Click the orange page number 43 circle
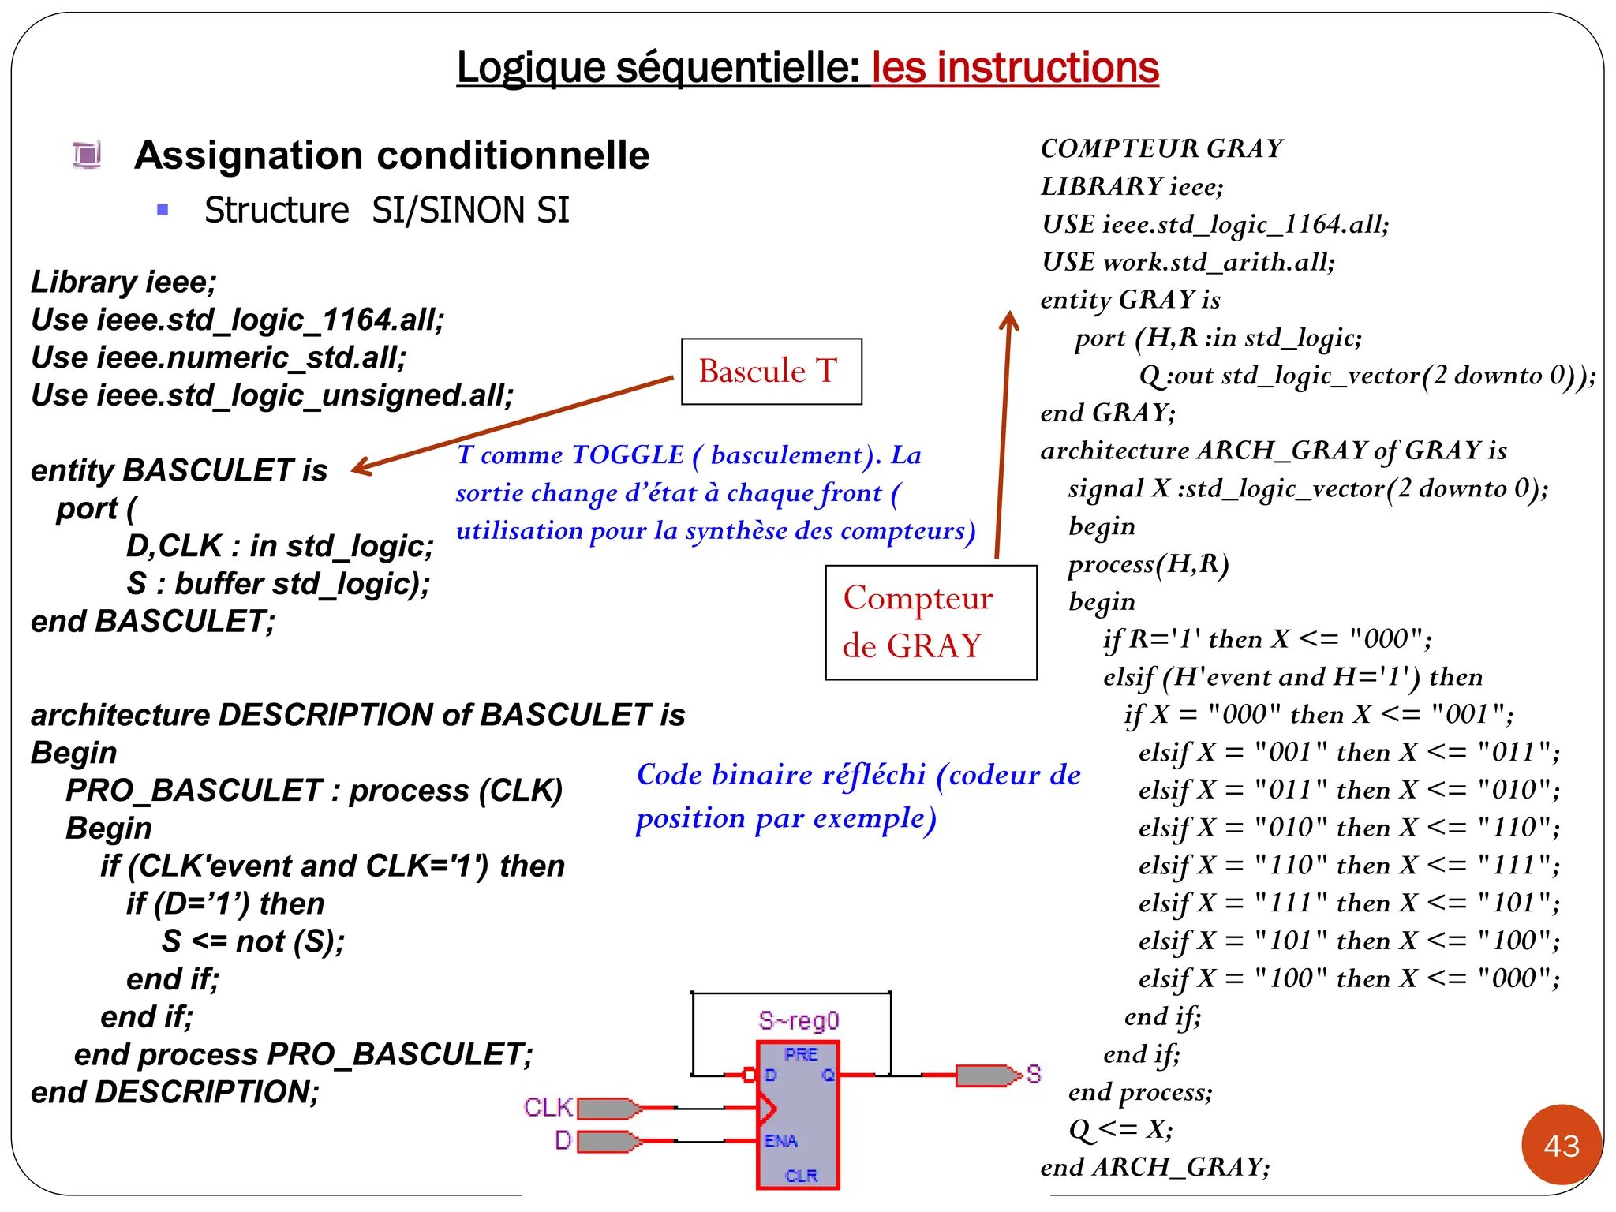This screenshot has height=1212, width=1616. click(x=1562, y=1145)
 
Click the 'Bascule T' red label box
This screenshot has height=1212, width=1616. click(x=770, y=372)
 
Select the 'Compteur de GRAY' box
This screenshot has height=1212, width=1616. click(x=930, y=623)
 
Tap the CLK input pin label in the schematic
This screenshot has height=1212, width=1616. click(x=547, y=1107)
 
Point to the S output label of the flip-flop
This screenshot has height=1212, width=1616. click(x=1034, y=1074)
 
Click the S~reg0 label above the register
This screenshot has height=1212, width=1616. click(x=799, y=1021)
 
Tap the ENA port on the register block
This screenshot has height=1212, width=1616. click(x=781, y=1141)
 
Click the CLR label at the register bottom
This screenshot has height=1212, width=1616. click(x=802, y=1176)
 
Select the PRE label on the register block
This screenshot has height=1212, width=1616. click(x=801, y=1054)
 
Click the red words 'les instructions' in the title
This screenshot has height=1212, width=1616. click(x=1015, y=68)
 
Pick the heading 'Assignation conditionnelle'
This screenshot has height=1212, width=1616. click(x=391, y=155)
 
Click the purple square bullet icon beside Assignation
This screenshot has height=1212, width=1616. click(x=87, y=154)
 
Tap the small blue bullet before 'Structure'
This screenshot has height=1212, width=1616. click(x=163, y=210)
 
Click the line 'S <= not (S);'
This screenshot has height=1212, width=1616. click(x=253, y=941)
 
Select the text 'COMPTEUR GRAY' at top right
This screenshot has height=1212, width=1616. click(x=1161, y=148)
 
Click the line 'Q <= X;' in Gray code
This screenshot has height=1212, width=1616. click(x=1120, y=1129)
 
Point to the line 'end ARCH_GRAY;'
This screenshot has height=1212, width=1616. click(x=1155, y=1167)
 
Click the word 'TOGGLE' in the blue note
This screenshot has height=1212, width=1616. click(x=627, y=454)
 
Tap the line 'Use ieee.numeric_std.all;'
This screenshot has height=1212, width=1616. click(x=219, y=357)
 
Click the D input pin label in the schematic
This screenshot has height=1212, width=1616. click(x=563, y=1140)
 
